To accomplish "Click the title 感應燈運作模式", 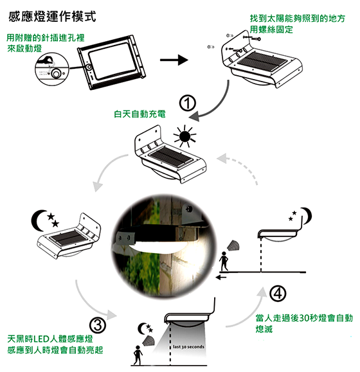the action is click(x=52, y=17).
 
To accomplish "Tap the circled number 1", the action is click(x=188, y=103).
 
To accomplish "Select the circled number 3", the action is click(x=98, y=325).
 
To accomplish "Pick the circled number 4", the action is click(x=278, y=294).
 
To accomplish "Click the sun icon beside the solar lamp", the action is click(x=184, y=136).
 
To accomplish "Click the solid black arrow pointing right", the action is click(x=174, y=60).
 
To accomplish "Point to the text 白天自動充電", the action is click(x=139, y=114).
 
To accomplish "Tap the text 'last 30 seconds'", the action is click(x=188, y=346).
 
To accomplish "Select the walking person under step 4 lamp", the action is click(x=224, y=261).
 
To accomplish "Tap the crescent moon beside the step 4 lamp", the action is click(x=307, y=215).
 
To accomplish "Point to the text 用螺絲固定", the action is click(x=271, y=30).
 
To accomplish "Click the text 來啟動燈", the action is click(x=24, y=48).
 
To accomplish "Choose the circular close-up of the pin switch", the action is click(x=51, y=69).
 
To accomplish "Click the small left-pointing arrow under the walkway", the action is click(x=221, y=277).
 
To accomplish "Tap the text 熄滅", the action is click(x=264, y=329).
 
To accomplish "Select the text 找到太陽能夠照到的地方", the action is click(x=297, y=18).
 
